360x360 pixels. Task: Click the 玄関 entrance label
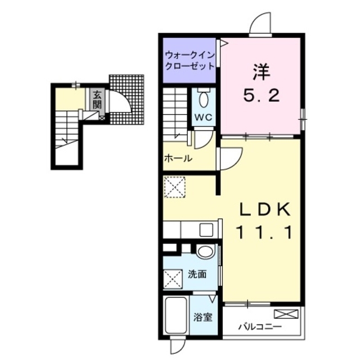click(97, 100)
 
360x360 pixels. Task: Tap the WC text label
click(204, 118)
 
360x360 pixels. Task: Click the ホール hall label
click(178, 158)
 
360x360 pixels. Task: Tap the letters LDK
click(264, 209)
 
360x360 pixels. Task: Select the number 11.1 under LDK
click(264, 232)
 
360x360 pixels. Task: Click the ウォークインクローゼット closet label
click(190, 61)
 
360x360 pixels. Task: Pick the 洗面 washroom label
click(197, 274)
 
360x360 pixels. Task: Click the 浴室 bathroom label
click(202, 317)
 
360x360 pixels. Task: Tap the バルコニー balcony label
click(259, 326)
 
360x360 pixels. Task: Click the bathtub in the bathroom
click(176, 316)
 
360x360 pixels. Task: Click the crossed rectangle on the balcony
click(286, 314)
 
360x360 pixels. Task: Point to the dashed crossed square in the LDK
click(175, 187)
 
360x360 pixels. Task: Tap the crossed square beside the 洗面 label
click(173, 279)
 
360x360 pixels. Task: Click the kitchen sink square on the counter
click(206, 229)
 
